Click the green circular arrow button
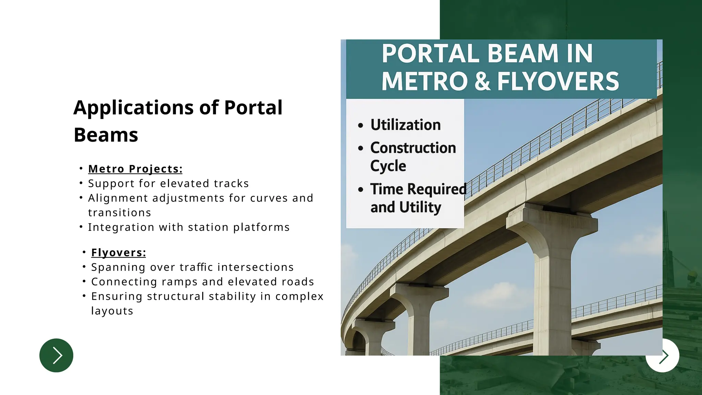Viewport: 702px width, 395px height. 56,355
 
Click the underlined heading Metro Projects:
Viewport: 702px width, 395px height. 135,169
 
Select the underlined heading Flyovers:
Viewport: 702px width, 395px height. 118,253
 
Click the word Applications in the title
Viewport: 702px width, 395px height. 133,108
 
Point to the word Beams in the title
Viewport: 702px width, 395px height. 106,135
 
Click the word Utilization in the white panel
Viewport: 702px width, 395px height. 406,125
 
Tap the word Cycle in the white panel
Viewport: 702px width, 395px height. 388,166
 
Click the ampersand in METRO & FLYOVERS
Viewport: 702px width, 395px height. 482,81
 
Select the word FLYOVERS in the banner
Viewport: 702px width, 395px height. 558,81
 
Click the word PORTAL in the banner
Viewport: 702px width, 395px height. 431,54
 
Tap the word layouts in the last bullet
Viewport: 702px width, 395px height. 112,311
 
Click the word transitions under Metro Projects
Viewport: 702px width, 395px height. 119,213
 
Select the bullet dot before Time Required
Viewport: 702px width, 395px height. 360,190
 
